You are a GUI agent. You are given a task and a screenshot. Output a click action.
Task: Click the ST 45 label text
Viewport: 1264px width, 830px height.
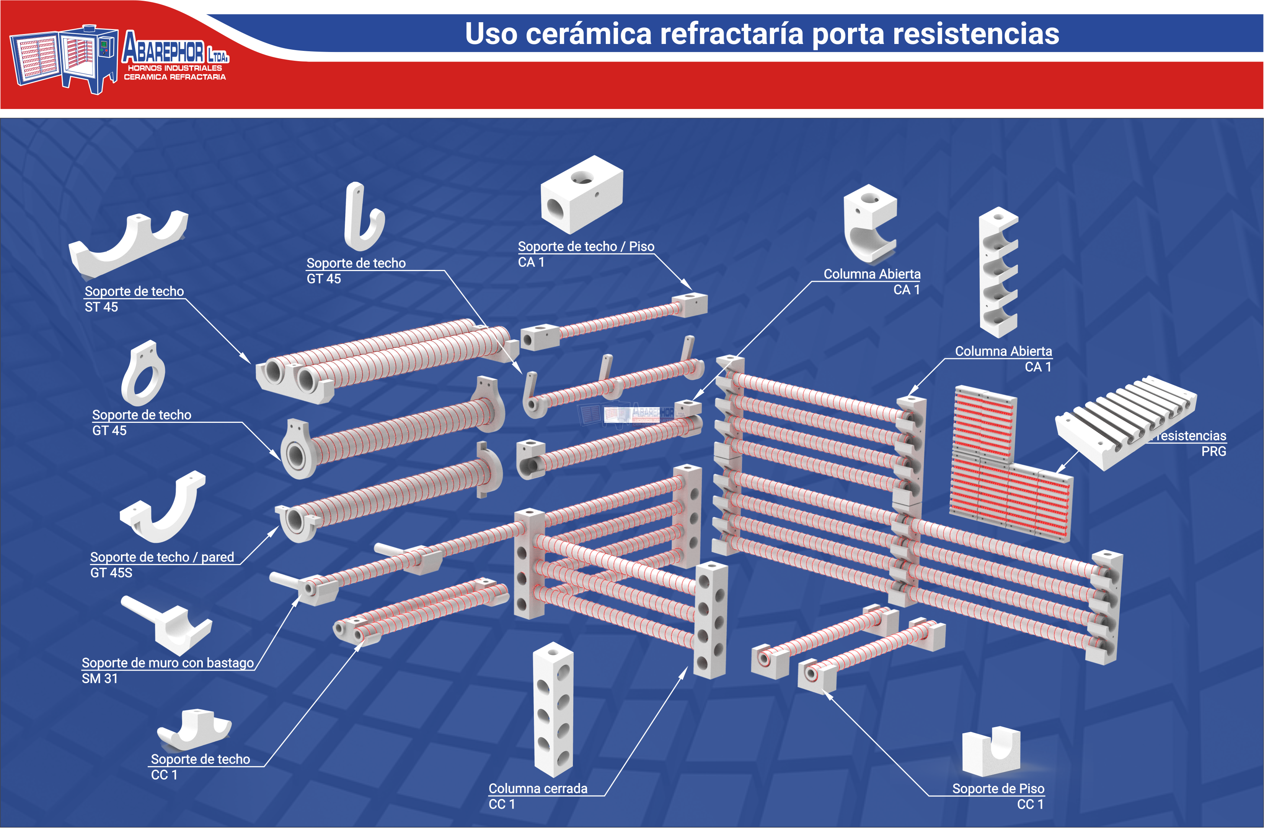pyautogui.click(x=101, y=307)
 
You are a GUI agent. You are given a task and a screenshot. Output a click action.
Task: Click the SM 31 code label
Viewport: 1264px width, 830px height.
pyautogui.click(x=99, y=679)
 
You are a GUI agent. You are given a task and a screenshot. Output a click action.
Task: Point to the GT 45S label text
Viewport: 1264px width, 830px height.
pyautogui.click(x=111, y=573)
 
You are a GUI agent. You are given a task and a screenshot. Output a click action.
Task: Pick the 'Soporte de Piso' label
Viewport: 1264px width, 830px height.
pyautogui.click(x=998, y=789)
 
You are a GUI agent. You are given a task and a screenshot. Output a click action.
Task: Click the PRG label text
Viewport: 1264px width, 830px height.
pyautogui.click(x=1213, y=452)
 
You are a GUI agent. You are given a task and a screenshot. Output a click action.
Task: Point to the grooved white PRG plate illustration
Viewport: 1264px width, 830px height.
pyautogui.click(x=1126, y=422)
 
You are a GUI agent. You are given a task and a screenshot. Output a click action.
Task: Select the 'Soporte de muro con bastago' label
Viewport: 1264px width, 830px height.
pyautogui.click(x=168, y=663)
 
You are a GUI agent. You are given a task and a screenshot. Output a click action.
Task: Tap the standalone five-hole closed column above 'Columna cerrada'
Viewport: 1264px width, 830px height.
pyautogui.click(x=553, y=709)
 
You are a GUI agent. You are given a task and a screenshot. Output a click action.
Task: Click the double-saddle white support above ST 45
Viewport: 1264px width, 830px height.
pyautogui.click(x=127, y=244)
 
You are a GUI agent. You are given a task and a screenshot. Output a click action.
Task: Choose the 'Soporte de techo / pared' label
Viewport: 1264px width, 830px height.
pyautogui.click(x=162, y=557)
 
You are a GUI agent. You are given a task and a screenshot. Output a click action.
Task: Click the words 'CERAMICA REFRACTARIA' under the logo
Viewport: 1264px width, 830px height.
pyautogui.click(x=175, y=77)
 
